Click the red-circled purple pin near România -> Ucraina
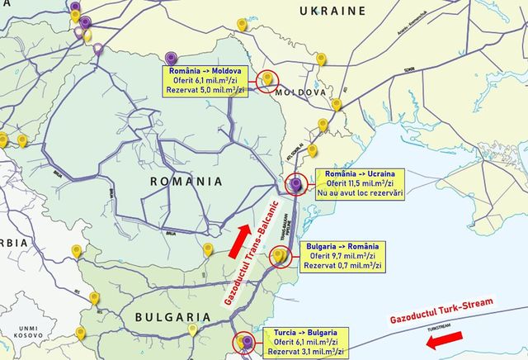coord(297,185)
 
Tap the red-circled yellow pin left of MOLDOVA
coord(267,78)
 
